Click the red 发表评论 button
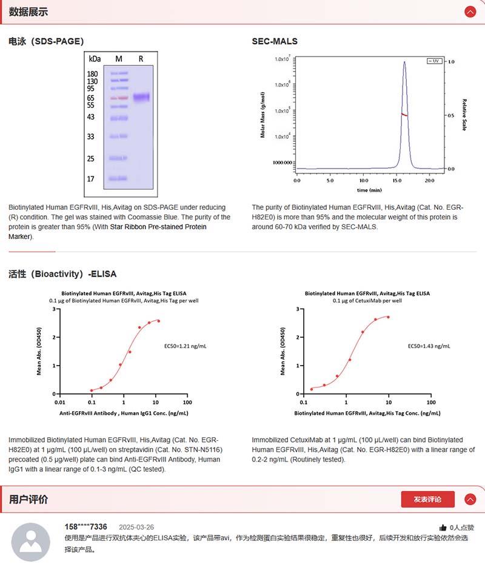tap(427, 499)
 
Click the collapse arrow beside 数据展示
tap(470, 12)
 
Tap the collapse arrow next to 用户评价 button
tap(470, 499)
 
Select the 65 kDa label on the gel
tap(92, 98)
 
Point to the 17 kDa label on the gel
tap(91, 179)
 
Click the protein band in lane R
tap(141, 97)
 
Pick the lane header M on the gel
tap(119, 59)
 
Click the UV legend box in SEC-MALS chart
tap(433, 61)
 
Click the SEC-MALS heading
tap(275, 41)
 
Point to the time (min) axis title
tap(363, 189)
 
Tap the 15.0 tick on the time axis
tap(396, 181)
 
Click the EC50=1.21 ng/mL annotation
tap(186, 346)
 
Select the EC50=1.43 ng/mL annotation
tap(429, 346)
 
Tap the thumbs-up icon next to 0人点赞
tap(443, 528)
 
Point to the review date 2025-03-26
tap(136, 527)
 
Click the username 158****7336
tap(85, 526)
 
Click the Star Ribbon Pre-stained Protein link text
tap(158, 227)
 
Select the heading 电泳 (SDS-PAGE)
tap(46, 41)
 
